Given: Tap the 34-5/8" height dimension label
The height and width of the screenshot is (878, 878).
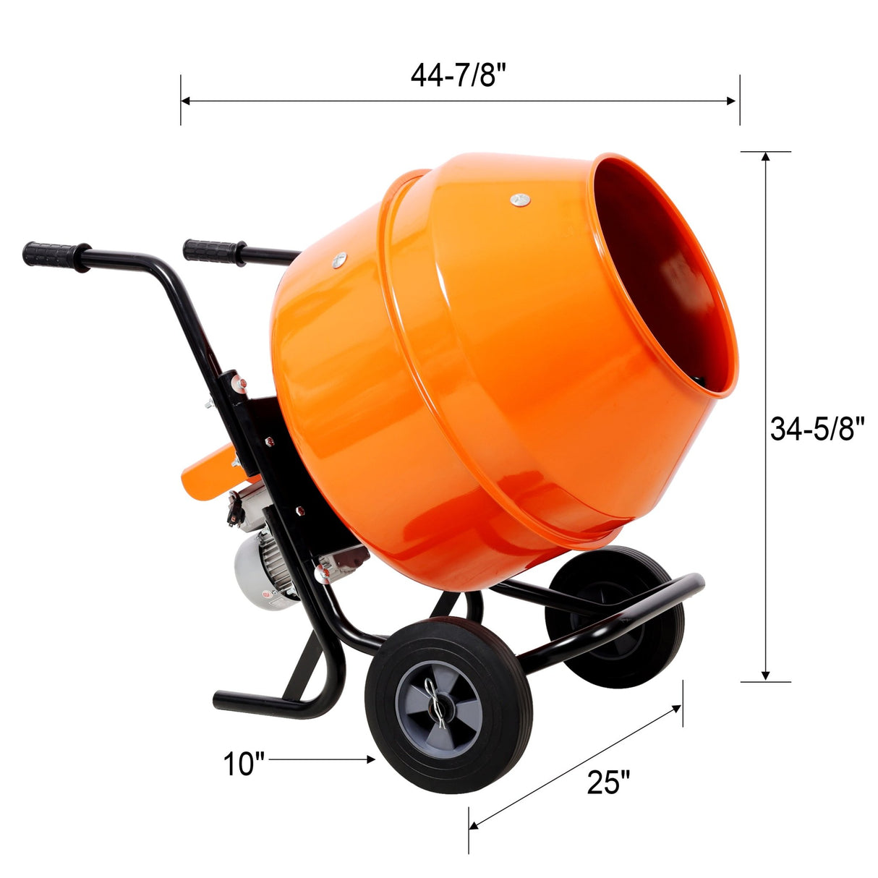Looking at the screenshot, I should point(817,430).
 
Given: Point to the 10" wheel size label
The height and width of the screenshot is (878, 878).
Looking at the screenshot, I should point(244,764).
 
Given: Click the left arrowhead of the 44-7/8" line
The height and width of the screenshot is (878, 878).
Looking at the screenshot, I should point(185,101).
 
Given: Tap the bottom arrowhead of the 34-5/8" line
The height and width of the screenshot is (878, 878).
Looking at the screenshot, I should point(765,675).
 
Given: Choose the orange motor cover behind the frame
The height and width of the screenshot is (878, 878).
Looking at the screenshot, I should point(210,474).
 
